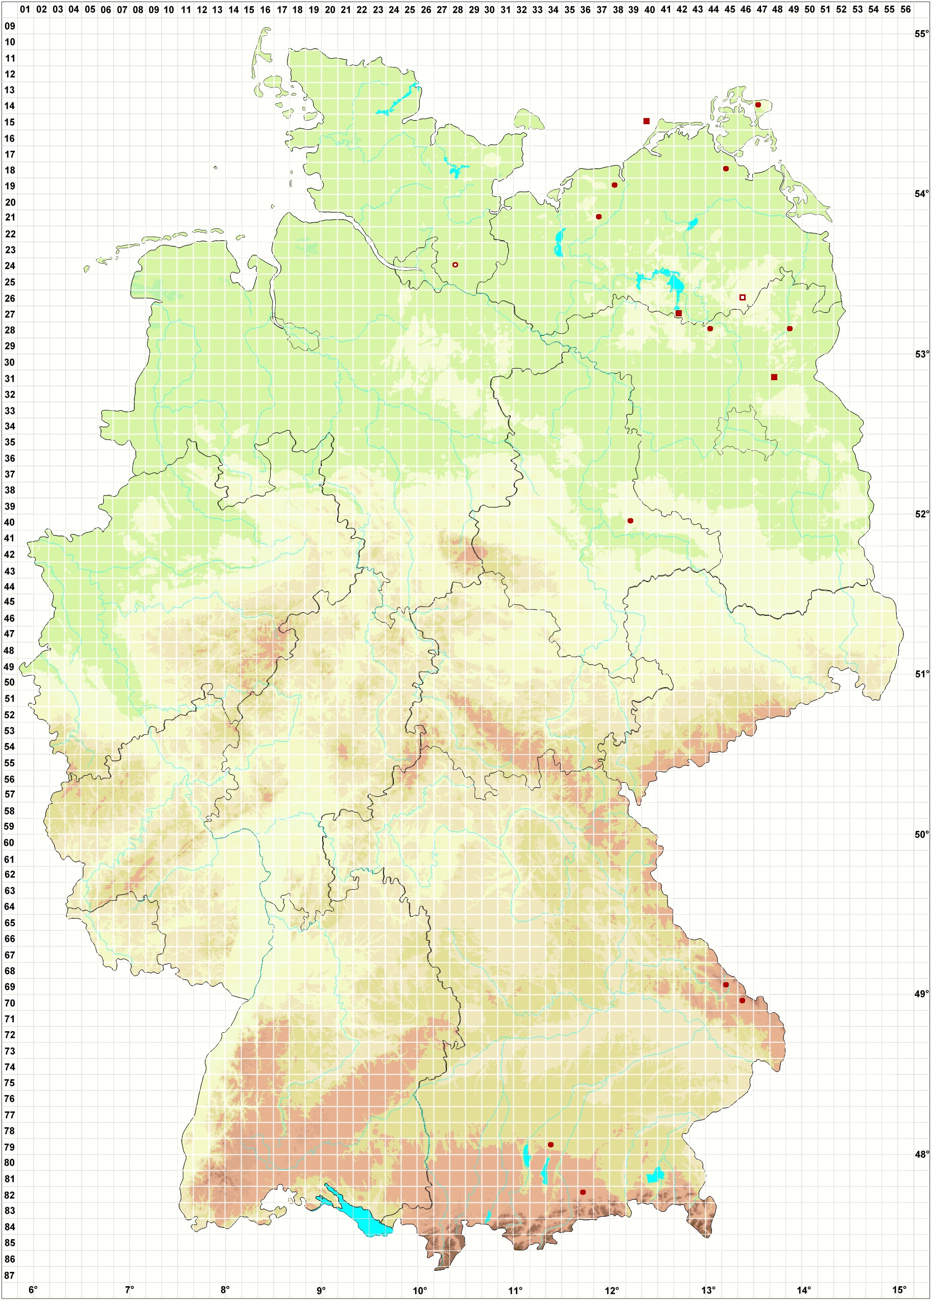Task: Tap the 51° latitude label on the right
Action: (921, 674)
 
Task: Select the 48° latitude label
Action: (921, 1154)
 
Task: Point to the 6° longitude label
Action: (33, 1290)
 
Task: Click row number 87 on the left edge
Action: (10, 1275)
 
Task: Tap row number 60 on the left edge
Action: (10, 843)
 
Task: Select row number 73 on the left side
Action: (10, 1051)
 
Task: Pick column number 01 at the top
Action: (25, 9)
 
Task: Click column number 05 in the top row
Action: (89, 9)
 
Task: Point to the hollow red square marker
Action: (743, 297)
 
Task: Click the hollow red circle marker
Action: (455, 265)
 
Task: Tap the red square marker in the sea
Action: (646, 121)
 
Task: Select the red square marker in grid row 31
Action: (774, 377)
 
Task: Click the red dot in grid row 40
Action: (630, 520)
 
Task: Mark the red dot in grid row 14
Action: (757, 105)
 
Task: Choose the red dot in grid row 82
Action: (583, 1192)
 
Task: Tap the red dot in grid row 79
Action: (551, 1145)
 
